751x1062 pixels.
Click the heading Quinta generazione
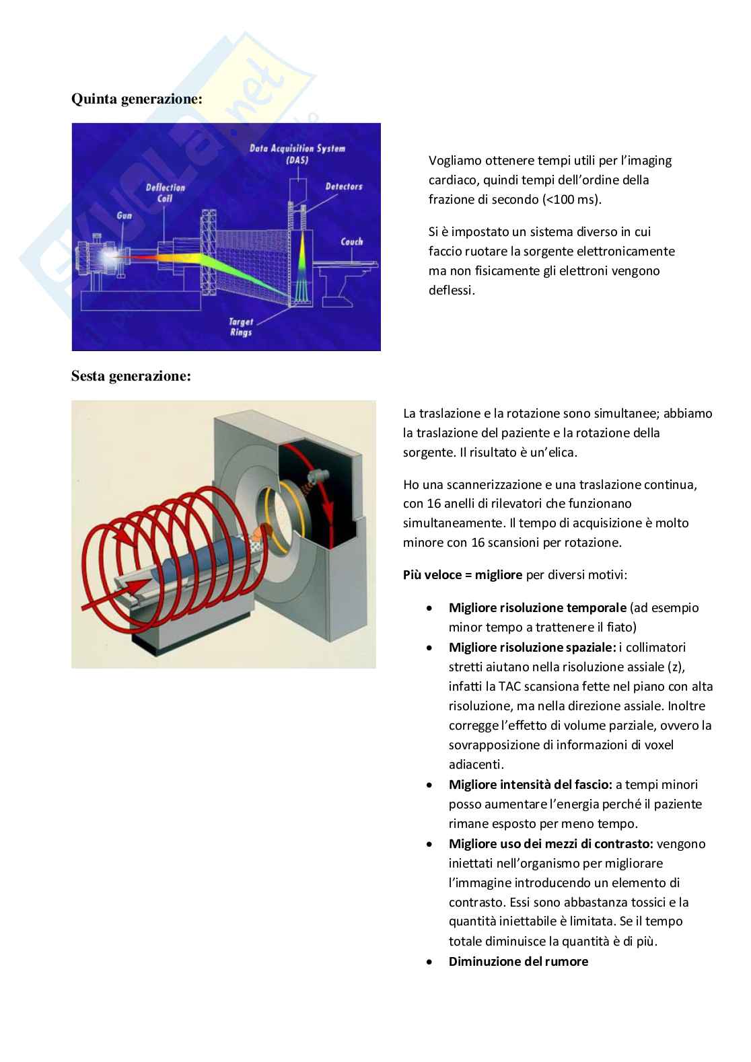point(137,100)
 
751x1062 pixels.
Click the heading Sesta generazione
point(131,376)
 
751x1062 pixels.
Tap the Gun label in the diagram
point(124,216)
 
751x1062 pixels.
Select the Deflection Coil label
point(166,192)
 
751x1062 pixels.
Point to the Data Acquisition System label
point(297,153)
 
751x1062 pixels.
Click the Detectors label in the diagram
point(343,186)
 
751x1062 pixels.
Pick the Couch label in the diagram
point(351,241)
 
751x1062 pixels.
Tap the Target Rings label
point(241,327)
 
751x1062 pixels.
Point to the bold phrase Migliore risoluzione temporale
point(537,608)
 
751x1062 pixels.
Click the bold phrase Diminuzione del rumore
point(518,961)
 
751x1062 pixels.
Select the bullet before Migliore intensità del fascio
point(429,785)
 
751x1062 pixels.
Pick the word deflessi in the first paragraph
point(452,291)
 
